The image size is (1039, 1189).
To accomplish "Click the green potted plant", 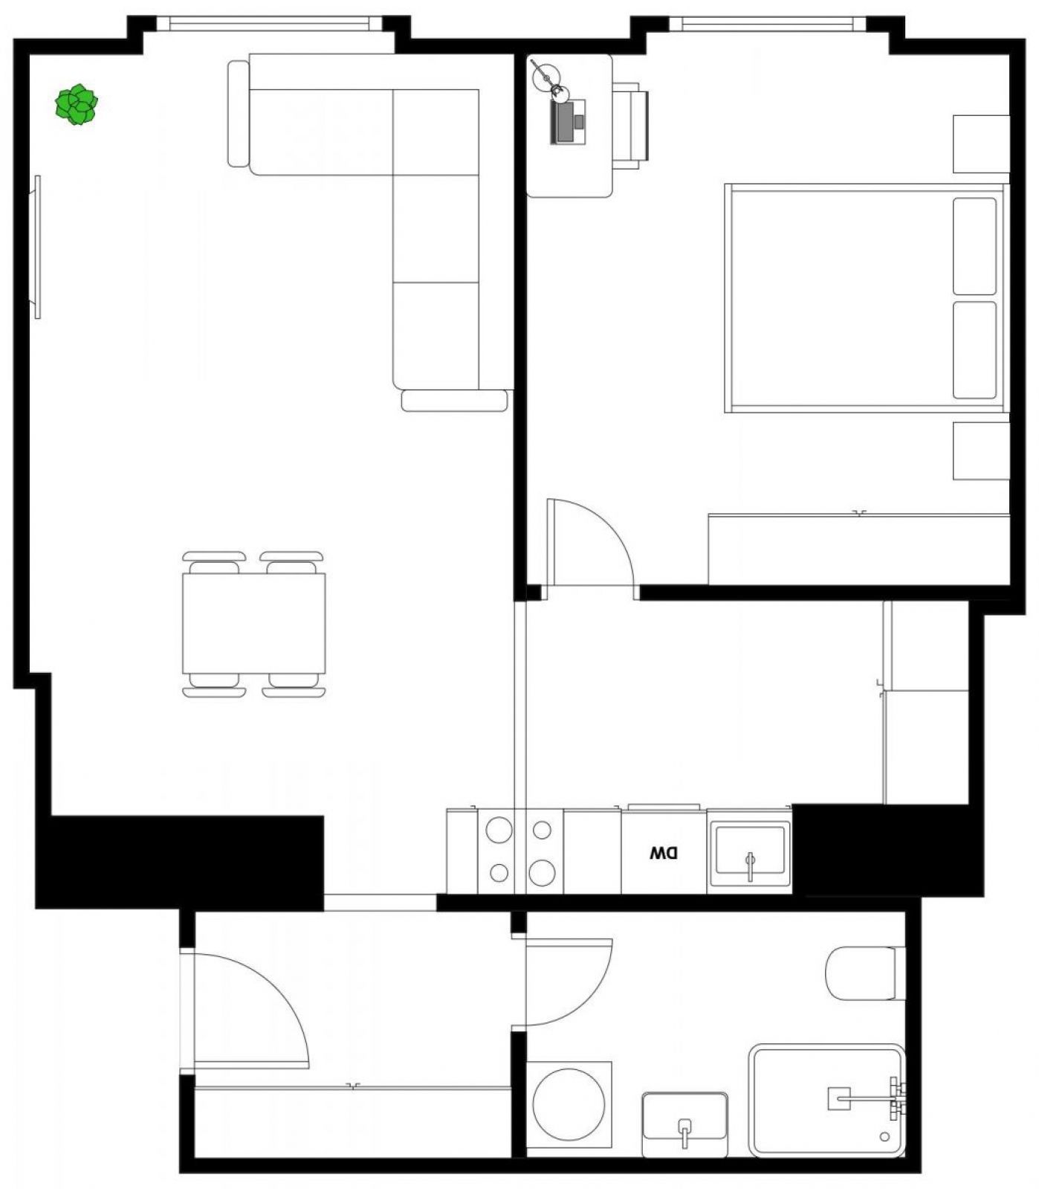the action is pyautogui.click(x=77, y=105).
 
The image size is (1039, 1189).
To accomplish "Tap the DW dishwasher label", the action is pyautogui.click(x=664, y=854).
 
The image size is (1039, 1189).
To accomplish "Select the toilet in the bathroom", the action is pyautogui.click(x=864, y=973).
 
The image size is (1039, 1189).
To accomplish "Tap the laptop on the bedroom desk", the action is pyautogui.click(x=568, y=121).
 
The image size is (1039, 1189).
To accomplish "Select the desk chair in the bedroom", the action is pyautogui.click(x=631, y=124).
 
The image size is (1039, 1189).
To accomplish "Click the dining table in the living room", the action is pyautogui.click(x=253, y=623).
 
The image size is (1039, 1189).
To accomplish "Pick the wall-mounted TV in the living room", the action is pyautogui.click(x=36, y=247).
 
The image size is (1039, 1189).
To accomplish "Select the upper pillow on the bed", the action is pyautogui.click(x=974, y=246).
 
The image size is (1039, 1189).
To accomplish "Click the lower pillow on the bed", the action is pyautogui.click(x=974, y=349).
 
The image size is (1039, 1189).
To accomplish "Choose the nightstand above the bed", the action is pyautogui.click(x=981, y=144).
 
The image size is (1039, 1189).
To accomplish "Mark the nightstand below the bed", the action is pyautogui.click(x=981, y=451).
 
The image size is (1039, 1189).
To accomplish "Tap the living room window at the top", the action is pyautogui.click(x=269, y=24).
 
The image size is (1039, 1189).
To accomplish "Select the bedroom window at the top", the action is pyautogui.click(x=767, y=24).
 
